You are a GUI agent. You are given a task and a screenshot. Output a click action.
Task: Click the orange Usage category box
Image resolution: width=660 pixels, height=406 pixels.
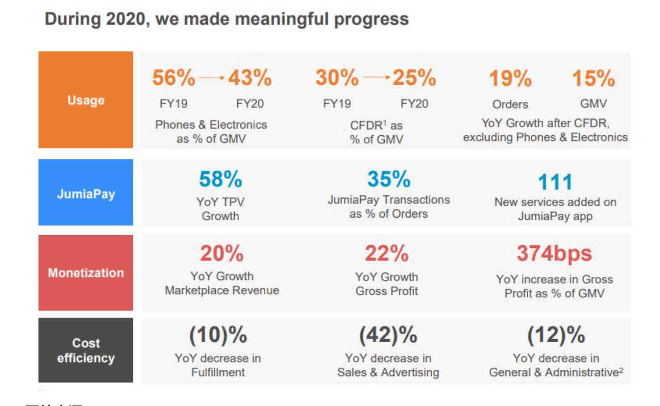85,100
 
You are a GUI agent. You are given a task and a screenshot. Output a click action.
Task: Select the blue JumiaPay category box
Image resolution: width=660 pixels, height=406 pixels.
85,192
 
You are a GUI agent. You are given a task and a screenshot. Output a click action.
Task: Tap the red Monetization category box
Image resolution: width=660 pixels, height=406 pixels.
85,273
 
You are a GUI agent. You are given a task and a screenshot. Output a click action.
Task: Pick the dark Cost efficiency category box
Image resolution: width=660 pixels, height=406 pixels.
85,350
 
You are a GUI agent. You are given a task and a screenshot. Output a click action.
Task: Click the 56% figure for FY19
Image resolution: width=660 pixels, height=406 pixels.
173,77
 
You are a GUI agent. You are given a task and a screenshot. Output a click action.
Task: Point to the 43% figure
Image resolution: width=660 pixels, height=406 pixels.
250,77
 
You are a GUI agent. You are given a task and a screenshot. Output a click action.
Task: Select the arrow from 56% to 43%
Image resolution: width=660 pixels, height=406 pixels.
211,78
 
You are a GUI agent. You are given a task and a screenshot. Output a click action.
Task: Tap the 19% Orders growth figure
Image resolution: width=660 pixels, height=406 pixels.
510,78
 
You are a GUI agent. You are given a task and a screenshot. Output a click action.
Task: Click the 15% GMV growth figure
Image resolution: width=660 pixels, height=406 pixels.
593,78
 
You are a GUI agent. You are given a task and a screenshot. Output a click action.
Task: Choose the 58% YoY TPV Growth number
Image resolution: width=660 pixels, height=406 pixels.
220,179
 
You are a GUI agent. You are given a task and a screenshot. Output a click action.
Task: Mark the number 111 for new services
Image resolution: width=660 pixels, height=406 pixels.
555,182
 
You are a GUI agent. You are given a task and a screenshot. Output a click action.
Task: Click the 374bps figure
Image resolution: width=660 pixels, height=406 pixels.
554,253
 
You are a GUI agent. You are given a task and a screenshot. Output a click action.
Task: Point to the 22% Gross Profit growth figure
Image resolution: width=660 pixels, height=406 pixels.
387,253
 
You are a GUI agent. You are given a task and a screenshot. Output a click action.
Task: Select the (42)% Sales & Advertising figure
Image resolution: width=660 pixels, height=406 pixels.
388,335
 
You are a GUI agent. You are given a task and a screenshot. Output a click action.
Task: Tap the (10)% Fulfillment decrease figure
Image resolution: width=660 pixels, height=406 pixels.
218,335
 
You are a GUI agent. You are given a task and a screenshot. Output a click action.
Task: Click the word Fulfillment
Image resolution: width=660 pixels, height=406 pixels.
218,372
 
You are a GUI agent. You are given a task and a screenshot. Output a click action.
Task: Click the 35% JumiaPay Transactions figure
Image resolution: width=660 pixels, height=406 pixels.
389,179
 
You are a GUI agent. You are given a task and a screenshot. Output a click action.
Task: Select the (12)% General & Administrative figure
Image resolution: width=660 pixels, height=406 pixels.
556,335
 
